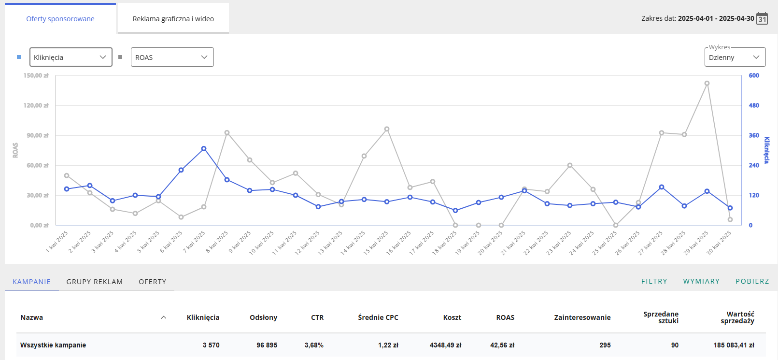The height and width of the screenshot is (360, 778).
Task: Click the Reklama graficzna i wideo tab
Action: pyautogui.click(x=173, y=18)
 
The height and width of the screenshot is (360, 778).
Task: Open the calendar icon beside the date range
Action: pyautogui.click(x=762, y=18)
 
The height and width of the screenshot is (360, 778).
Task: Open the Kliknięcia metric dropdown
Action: pyautogui.click(x=71, y=57)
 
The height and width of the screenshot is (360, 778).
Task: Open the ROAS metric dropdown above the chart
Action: pyautogui.click(x=172, y=57)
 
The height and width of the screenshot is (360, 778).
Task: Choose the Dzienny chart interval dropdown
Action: pyautogui.click(x=735, y=57)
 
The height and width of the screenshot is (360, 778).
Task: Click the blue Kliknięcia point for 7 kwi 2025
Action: pyautogui.click(x=204, y=149)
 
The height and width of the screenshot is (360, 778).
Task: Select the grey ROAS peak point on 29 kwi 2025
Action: pyautogui.click(x=707, y=84)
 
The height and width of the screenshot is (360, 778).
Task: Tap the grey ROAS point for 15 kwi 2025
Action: pyautogui.click(x=387, y=129)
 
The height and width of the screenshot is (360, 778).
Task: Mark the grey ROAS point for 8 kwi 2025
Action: pyautogui.click(x=227, y=133)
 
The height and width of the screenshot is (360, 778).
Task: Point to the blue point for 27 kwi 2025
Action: pyautogui.click(x=662, y=187)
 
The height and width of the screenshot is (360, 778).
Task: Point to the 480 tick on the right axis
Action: pyautogui.click(x=754, y=105)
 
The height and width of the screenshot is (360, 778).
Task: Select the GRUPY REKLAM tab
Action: pyautogui.click(x=95, y=281)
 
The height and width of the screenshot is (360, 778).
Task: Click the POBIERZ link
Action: pyautogui.click(x=752, y=281)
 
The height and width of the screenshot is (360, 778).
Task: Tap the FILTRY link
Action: pyautogui.click(x=654, y=281)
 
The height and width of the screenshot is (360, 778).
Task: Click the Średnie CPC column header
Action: pyautogui.click(x=378, y=317)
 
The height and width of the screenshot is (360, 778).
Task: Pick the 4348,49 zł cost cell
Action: pyautogui.click(x=445, y=345)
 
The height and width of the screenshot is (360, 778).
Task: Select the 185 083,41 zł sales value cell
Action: pyautogui.click(x=734, y=345)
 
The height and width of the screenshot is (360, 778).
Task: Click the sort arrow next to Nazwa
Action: pyautogui.click(x=164, y=317)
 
